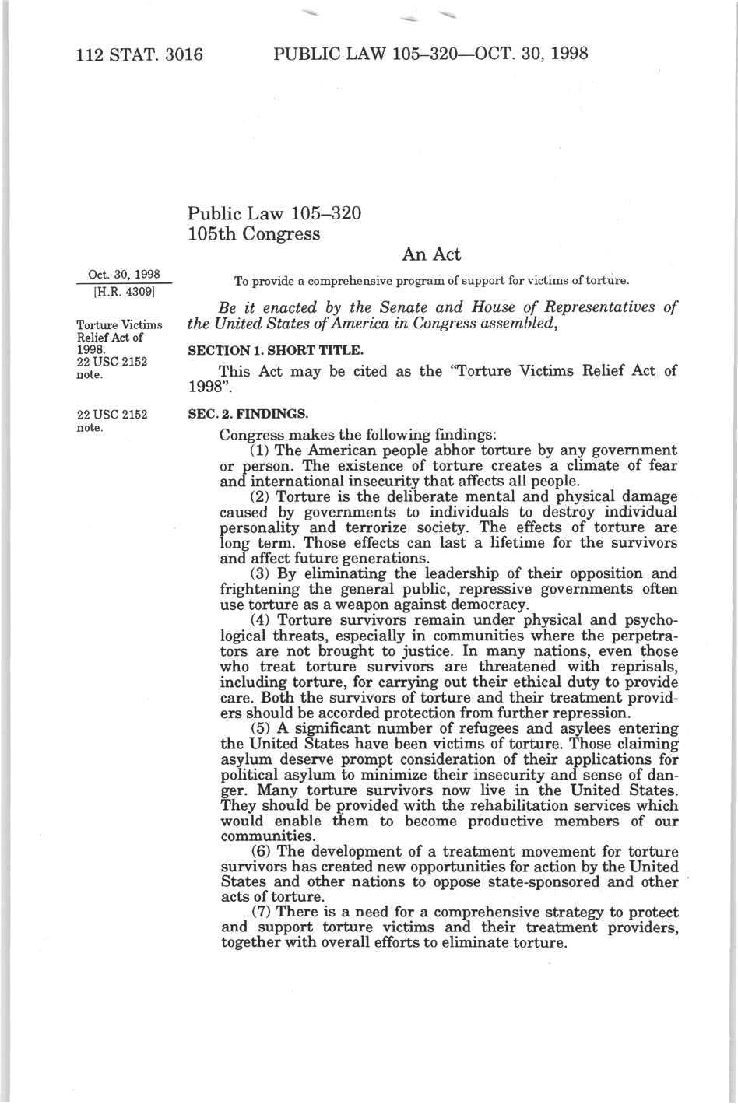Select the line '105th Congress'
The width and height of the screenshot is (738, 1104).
[254, 233]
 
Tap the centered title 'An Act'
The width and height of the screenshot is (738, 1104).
[431, 254]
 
